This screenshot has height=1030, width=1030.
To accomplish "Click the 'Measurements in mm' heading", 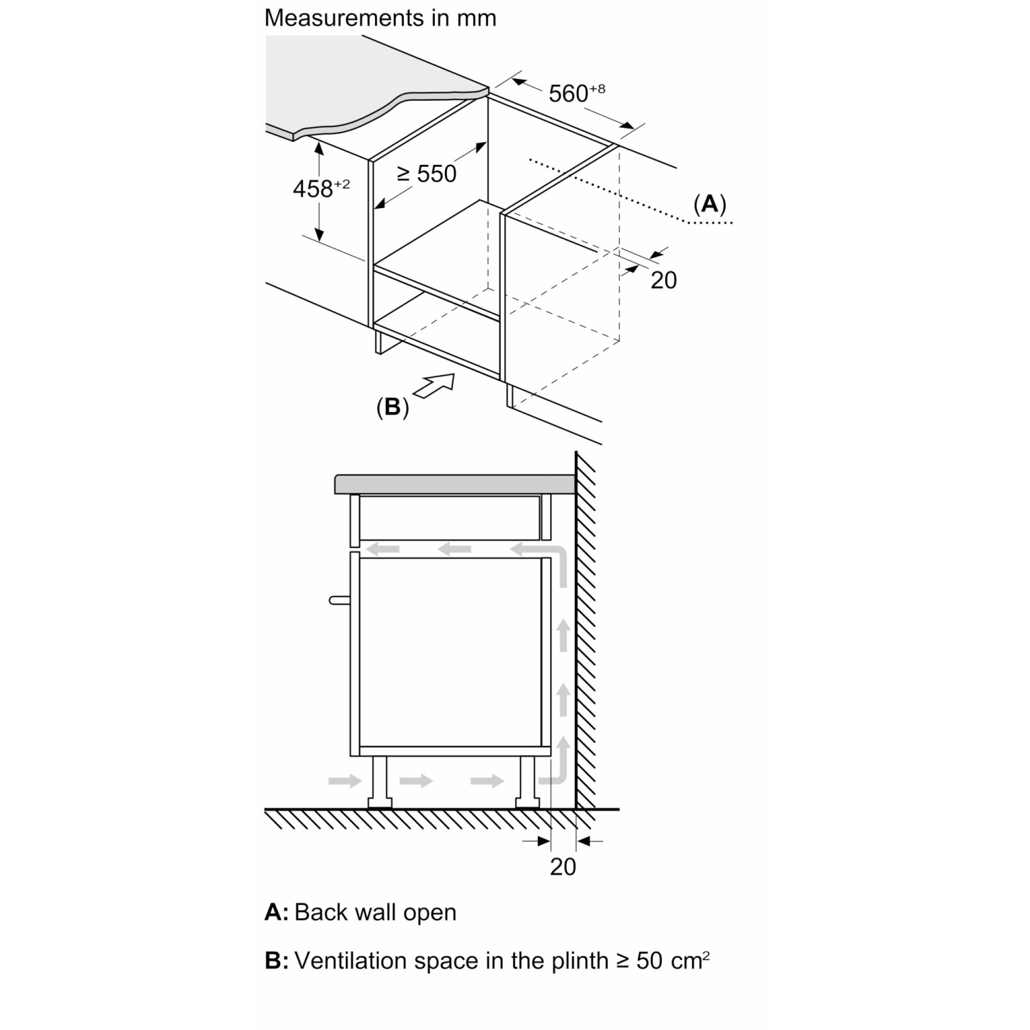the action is (380, 18).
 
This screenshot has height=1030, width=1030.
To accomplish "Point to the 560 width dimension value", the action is (577, 93).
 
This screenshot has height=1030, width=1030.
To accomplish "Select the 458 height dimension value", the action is (321, 187).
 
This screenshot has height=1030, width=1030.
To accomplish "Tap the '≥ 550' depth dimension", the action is (427, 174).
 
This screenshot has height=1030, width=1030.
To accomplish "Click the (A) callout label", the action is (709, 204).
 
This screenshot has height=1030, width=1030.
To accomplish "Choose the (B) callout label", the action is (393, 407).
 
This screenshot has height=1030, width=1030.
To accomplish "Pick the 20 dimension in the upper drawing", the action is (663, 280).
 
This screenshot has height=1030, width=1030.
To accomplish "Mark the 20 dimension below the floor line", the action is (563, 867).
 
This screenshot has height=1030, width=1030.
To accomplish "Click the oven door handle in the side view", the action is (340, 600).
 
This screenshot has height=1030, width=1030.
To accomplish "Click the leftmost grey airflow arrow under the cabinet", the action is (345, 781).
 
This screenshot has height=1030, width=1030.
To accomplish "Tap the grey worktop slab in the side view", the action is (455, 484).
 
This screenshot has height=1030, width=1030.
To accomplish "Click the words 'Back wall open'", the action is (376, 913).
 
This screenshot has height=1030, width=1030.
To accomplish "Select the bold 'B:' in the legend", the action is (277, 961).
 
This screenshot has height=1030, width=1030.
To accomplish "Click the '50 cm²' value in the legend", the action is (673, 960).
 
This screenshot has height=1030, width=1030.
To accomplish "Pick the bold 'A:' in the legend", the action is (277, 913).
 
